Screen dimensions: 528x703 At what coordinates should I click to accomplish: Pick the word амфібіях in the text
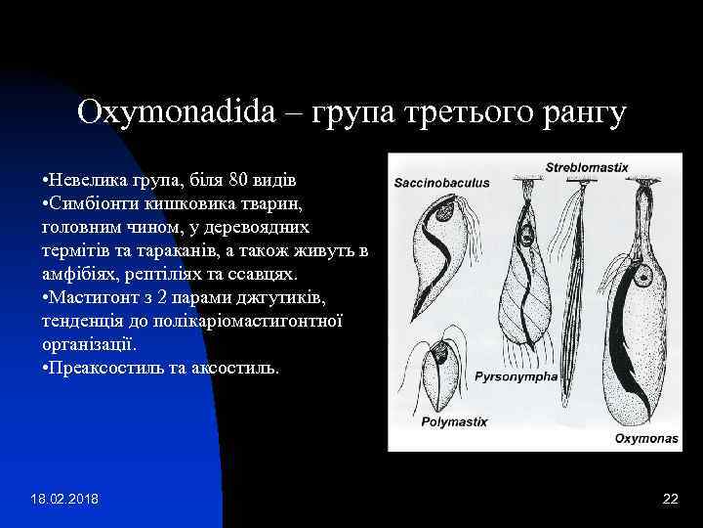point(79,274)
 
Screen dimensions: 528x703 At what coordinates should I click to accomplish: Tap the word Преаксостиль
point(111,368)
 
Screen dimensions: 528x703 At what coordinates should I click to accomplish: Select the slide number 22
point(670,500)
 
